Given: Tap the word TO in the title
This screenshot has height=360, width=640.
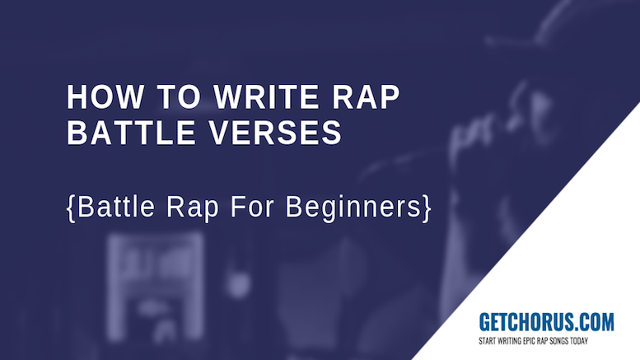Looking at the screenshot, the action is click(x=179, y=97).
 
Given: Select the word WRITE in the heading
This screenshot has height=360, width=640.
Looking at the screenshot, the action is click(x=266, y=97).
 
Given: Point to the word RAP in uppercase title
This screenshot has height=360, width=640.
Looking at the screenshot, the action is click(x=366, y=97).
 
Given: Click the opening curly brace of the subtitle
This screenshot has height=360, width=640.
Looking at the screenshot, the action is click(x=71, y=208).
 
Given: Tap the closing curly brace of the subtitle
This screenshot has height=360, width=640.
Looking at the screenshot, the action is click(x=427, y=208).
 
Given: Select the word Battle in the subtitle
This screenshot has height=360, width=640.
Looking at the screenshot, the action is click(x=116, y=207).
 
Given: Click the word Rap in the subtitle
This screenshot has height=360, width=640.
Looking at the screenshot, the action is click(x=193, y=209).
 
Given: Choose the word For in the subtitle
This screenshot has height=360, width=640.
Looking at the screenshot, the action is click(x=252, y=207).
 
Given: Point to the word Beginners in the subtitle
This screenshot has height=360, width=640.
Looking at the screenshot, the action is click(x=353, y=209).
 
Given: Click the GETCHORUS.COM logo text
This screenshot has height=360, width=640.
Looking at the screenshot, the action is click(x=547, y=322).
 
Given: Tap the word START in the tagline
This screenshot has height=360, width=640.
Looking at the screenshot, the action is click(x=487, y=340).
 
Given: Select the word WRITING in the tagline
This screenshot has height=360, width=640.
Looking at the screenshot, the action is click(x=508, y=340).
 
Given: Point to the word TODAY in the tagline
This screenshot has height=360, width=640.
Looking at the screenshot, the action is click(x=579, y=340).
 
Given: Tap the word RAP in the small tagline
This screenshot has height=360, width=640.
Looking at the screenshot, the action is click(x=542, y=340).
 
